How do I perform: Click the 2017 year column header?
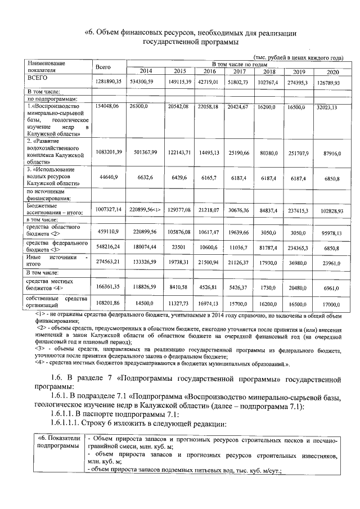pyautogui.click(x=239, y=71)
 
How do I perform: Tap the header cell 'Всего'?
pyautogui.click(x=103, y=67)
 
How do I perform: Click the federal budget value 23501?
pyautogui.click(x=179, y=246)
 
